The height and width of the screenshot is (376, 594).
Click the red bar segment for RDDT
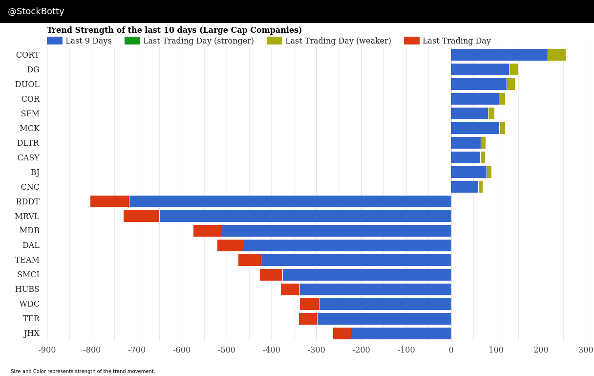tap(109, 201)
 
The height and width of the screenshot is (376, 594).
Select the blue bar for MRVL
tap(305, 216)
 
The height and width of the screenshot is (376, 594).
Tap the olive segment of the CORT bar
tap(556, 55)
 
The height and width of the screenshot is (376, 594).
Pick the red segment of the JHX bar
tap(342, 333)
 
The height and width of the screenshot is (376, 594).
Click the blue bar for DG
tap(480, 69)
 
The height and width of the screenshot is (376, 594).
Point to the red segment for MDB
tap(207, 231)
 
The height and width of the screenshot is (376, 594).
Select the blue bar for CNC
tap(465, 187)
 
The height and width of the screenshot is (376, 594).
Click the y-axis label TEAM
tap(27, 260)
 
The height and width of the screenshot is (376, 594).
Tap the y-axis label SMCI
tap(28, 275)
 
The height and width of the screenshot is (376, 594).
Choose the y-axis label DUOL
tap(27, 85)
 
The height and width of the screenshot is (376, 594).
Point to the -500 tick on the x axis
tap(227, 350)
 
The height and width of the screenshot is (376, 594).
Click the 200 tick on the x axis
tap(541, 350)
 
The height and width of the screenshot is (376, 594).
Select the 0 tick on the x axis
tap(451, 350)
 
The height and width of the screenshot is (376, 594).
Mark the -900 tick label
tap(47, 350)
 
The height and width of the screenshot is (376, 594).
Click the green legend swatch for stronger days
tap(132, 41)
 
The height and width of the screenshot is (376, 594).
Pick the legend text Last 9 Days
tap(88, 41)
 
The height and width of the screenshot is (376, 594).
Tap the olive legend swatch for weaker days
tap(274, 41)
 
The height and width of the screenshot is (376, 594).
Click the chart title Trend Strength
tap(174, 30)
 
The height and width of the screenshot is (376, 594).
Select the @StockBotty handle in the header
tap(36, 11)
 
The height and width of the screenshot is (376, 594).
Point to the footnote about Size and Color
tap(83, 372)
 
